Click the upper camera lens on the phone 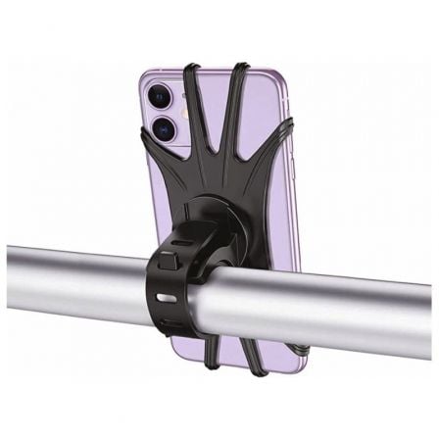click(x=159, y=96)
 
